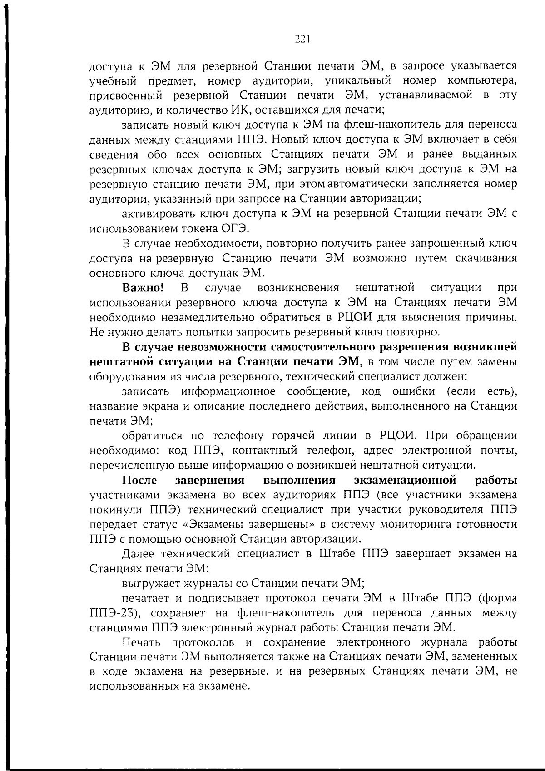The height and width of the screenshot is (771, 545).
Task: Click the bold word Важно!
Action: [143, 288]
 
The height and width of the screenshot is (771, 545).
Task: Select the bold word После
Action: [140, 481]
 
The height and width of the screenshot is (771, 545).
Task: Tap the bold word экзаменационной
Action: [405, 481]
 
